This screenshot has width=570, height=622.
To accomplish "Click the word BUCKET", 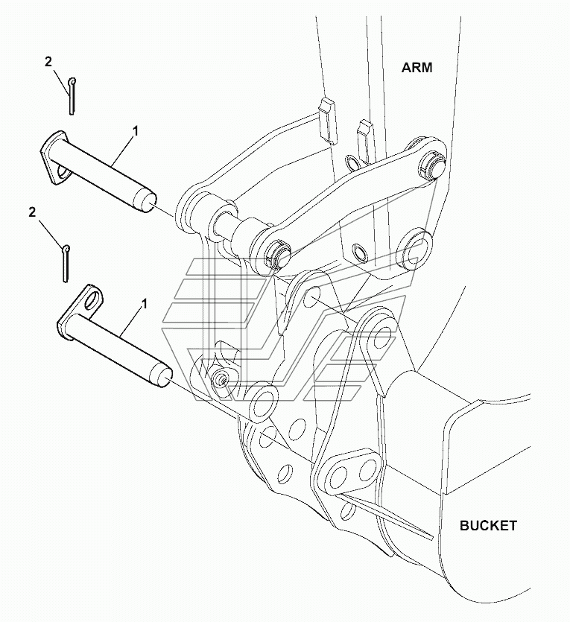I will point(487,525).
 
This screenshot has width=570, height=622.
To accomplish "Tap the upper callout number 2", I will point(48,63).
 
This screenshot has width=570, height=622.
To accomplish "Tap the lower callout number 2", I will point(32,212).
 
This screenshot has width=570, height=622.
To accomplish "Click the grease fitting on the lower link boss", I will point(221,379).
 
